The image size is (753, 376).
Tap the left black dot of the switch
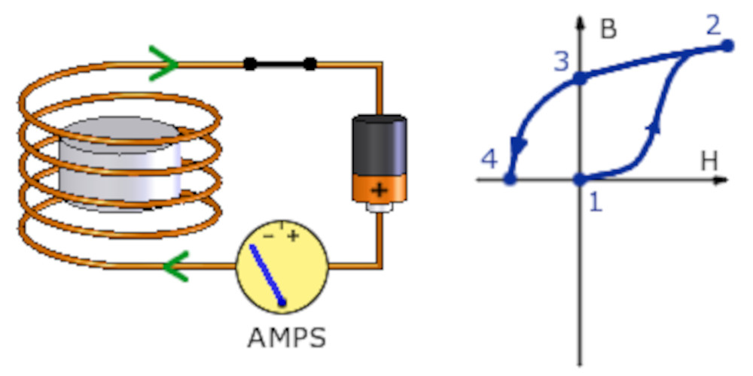tap(250, 65)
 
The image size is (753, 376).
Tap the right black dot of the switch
tap(309, 65)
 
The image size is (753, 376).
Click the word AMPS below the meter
tap(287, 337)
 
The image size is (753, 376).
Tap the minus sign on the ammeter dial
tap(270, 236)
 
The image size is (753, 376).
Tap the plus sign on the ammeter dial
tap(293, 236)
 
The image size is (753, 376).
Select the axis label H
tap(709, 159)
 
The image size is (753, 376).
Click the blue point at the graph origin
tap(580, 180)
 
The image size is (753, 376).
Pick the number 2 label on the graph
tap(713, 24)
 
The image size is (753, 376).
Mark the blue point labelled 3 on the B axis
tap(580, 77)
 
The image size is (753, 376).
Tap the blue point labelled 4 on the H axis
tap(510, 180)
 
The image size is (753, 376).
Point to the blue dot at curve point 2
tap(727, 46)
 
